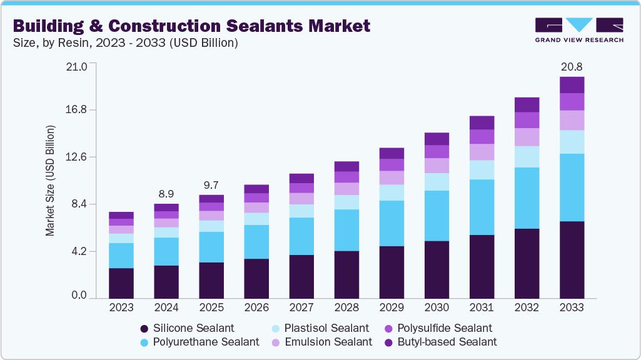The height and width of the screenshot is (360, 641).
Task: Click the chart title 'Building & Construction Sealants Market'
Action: pyautogui.click(x=191, y=26)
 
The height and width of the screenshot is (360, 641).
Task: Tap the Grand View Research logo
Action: pyautogui.click(x=578, y=30)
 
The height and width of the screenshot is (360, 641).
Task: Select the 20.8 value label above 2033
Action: pyautogui.click(x=572, y=66)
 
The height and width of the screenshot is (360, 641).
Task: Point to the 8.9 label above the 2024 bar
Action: pyautogui.click(x=166, y=194)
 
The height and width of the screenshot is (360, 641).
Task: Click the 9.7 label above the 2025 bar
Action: pyautogui.click(x=211, y=185)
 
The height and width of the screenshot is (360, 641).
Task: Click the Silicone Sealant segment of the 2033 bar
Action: pyautogui.click(x=572, y=259)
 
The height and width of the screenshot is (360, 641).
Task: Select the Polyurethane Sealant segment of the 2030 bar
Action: pyautogui.click(x=437, y=216)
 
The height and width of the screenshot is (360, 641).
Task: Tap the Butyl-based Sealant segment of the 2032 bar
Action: pyautogui.click(x=527, y=104)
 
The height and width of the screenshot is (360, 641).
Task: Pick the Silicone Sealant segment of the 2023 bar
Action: pyautogui.click(x=121, y=283)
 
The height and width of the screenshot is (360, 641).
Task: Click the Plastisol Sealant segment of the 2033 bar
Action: pyautogui.click(x=572, y=142)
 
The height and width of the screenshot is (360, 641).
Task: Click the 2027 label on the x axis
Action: pyautogui.click(x=301, y=307)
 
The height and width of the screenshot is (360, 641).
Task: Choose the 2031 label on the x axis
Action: pyautogui.click(x=482, y=307)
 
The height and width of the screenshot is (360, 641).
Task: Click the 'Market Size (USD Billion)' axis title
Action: pyautogui.click(x=50, y=181)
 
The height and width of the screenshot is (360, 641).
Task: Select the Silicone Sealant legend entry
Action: pyautogui.click(x=187, y=328)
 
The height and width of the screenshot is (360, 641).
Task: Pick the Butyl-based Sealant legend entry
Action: pyautogui.click(x=443, y=342)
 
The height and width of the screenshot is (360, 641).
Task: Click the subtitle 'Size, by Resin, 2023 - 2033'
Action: pyautogui.click(x=125, y=43)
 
